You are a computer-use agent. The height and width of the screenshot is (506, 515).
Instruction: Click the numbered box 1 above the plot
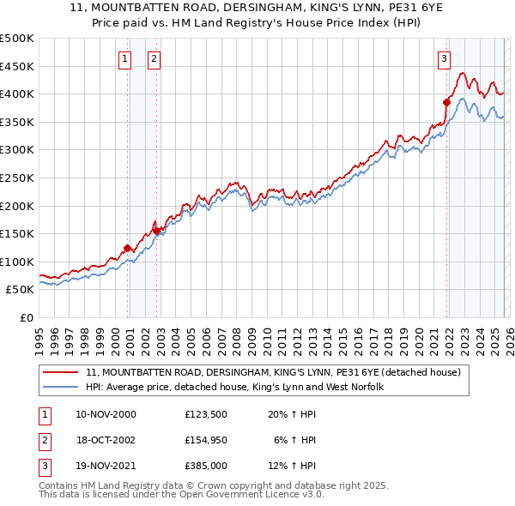pyautogui.click(x=125, y=59)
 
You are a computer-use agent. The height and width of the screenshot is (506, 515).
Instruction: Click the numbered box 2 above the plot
pyautogui.click(x=154, y=59)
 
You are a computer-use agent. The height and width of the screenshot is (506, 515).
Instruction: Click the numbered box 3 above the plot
pyautogui.click(x=444, y=59)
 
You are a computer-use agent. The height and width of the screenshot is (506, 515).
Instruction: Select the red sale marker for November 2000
pyautogui.click(x=128, y=249)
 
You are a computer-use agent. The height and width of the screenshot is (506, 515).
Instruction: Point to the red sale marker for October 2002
pyautogui.click(x=157, y=231)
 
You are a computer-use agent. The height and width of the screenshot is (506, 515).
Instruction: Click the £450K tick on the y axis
pyautogui.click(x=17, y=66)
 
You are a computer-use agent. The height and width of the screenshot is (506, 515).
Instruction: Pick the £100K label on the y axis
pyautogui.click(x=17, y=262)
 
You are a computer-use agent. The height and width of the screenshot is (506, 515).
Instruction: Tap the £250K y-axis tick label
pyautogui.click(x=17, y=178)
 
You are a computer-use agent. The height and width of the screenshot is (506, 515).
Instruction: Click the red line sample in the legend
pyautogui.click(x=62, y=372)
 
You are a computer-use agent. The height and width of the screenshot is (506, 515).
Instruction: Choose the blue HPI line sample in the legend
pyautogui.click(x=62, y=387)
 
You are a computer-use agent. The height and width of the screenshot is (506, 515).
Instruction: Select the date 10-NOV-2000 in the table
pyautogui.click(x=106, y=414)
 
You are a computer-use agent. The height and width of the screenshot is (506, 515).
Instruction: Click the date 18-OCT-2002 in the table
pyautogui.click(x=106, y=439)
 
